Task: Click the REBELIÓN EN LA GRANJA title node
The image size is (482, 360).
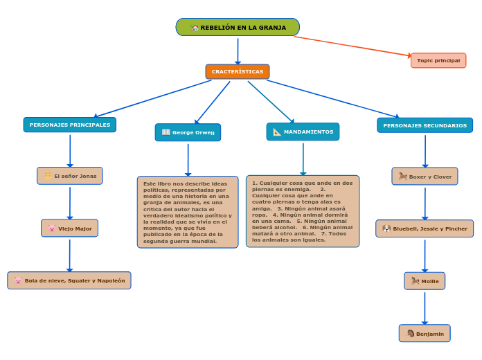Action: pyautogui.click(x=238, y=28)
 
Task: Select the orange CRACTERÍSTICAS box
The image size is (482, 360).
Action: pyautogui.click(x=238, y=71)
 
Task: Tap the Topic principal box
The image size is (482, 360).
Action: pyautogui.click(x=438, y=61)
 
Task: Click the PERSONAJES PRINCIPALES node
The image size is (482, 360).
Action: pyautogui.click(x=70, y=125)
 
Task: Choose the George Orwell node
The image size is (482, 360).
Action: pyautogui.click(x=188, y=132)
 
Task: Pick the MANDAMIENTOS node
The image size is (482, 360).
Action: pyautogui.click(x=303, y=132)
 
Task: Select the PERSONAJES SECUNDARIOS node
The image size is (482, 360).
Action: pyautogui.click(x=425, y=125)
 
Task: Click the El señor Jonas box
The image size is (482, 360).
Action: pyautogui.click(x=70, y=176)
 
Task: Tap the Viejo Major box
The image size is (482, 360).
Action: pyautogui.click(x=70, y=228)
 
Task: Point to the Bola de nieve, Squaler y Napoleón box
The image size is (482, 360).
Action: pyautogui.click(x=69, y=280)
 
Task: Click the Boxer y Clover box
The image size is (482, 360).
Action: pyautogui.click(x=425, y=177)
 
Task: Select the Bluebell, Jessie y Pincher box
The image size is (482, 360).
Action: pyautogui.click(x=425, y=228)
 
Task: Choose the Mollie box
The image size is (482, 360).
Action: pyautogui.click(x=425, y=281)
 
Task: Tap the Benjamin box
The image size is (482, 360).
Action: pyautogui.click(x=425, y=334)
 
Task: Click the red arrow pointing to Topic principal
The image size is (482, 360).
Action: pyautogui.click(x=353, y=46)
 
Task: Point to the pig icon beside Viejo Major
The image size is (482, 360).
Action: pyautogui.click(x=52, y=228)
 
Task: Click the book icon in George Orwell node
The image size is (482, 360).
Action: pyautogui.click(x=166, y=132)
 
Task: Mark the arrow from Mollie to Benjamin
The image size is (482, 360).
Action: pyautogui.click(x=425, y=307)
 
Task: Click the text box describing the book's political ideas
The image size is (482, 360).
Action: pyautogui.click(x=188, y=212)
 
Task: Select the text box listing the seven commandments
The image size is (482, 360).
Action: pyautogui.click(x=303, y=211)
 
